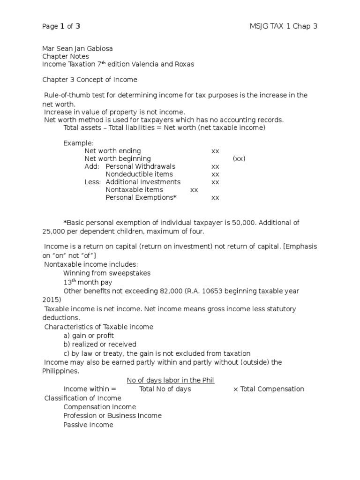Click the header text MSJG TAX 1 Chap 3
pyautogui.click(x=283, y=26)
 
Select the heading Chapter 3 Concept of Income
pyautogui.click(x=90, y=80)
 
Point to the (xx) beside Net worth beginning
pyautogui.click(x=239, y=158)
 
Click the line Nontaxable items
pyautogui.click(x=134, y=190)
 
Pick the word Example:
pyautogui.click(x=78, y=143)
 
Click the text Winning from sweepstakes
pyautogui.click(x=107, y=273)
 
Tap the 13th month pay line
pyautogui.click(x=88, y=282)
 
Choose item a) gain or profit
pyautogui.click(x=89, y=336)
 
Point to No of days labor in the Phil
pyautogui.click(x=171, y=380)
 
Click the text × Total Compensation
pyautogui.click(x=268, y=389)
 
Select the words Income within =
pyautogui.click(x=89, y=389)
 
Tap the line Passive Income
pyautogui.click(x=88, y=425)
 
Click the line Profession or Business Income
pyautogui.click(x=112, y=416)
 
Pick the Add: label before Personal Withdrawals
pyautogui.click(x=92, y=166)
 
